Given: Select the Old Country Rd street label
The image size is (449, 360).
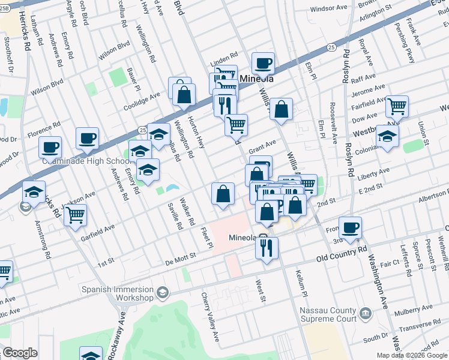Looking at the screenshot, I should (x=342, y=253).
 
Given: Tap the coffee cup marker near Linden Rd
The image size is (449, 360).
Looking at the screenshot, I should (x=262, y=62).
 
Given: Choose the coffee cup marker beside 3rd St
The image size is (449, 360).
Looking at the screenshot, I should (x=350, y=227).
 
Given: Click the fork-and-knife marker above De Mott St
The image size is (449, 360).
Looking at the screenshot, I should (x=267, y=247).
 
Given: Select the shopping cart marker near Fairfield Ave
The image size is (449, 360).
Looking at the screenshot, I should (x=397, y=106).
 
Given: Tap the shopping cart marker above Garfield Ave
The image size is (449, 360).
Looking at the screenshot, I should (x=75, y=214).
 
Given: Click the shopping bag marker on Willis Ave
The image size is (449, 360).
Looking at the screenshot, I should (x=281, y=110).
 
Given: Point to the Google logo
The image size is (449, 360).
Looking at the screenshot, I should (x=20, y=353).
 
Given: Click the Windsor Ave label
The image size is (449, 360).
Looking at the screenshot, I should (x=330, y=9).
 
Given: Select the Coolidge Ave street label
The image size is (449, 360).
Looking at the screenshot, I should (x=142, y=96).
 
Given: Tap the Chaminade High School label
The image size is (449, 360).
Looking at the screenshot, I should (x=84, y=161).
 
